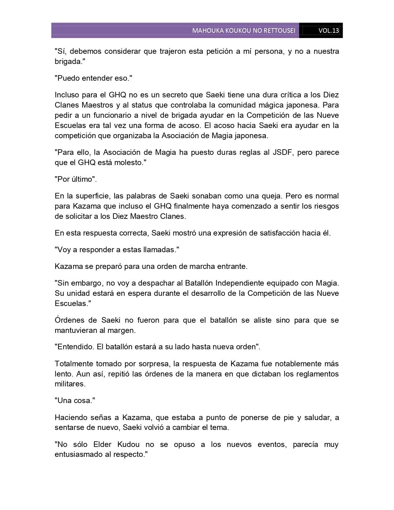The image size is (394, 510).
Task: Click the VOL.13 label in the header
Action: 328,30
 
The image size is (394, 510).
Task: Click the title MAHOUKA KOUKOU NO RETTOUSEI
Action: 244,30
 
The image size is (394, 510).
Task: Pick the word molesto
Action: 130,163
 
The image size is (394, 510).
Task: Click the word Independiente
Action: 239,283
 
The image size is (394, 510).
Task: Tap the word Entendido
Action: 75,347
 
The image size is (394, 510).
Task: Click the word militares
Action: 69,384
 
